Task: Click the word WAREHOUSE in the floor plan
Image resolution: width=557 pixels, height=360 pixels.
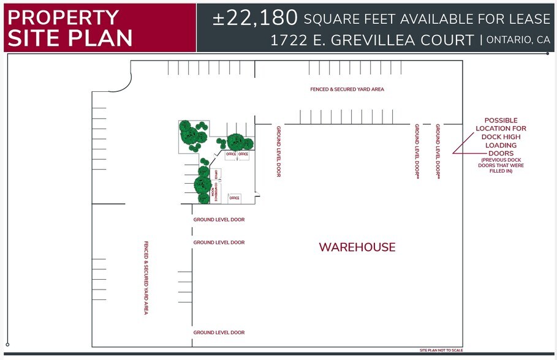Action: [357, 247]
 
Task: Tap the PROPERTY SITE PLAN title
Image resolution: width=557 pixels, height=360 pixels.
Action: [69, 28]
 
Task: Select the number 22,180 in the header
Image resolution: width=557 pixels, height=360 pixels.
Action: [255, 18]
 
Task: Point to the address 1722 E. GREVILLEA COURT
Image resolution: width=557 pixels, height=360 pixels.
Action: [372, 40]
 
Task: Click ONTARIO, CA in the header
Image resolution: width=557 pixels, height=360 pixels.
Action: [519, 40]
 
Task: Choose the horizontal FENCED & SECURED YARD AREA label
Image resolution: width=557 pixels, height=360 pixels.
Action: [347, 89]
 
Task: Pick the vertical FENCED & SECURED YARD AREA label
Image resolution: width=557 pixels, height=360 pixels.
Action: [146, 277]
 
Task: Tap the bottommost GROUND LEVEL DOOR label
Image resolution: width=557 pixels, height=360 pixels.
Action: [219, 332]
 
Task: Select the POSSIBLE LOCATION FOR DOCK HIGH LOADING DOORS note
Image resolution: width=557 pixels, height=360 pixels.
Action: [501, 137]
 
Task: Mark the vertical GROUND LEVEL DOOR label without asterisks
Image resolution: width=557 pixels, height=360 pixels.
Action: [278, 151]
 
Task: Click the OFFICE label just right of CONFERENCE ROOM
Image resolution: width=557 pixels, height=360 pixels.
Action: [234, 198]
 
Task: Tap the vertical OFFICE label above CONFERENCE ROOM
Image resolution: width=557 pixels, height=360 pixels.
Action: [216, 173]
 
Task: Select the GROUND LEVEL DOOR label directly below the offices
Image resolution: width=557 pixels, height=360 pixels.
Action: [219, 219]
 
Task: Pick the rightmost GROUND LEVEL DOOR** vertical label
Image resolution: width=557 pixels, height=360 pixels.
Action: [438, 151]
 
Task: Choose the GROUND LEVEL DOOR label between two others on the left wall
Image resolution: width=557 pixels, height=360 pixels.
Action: [219, 242]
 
